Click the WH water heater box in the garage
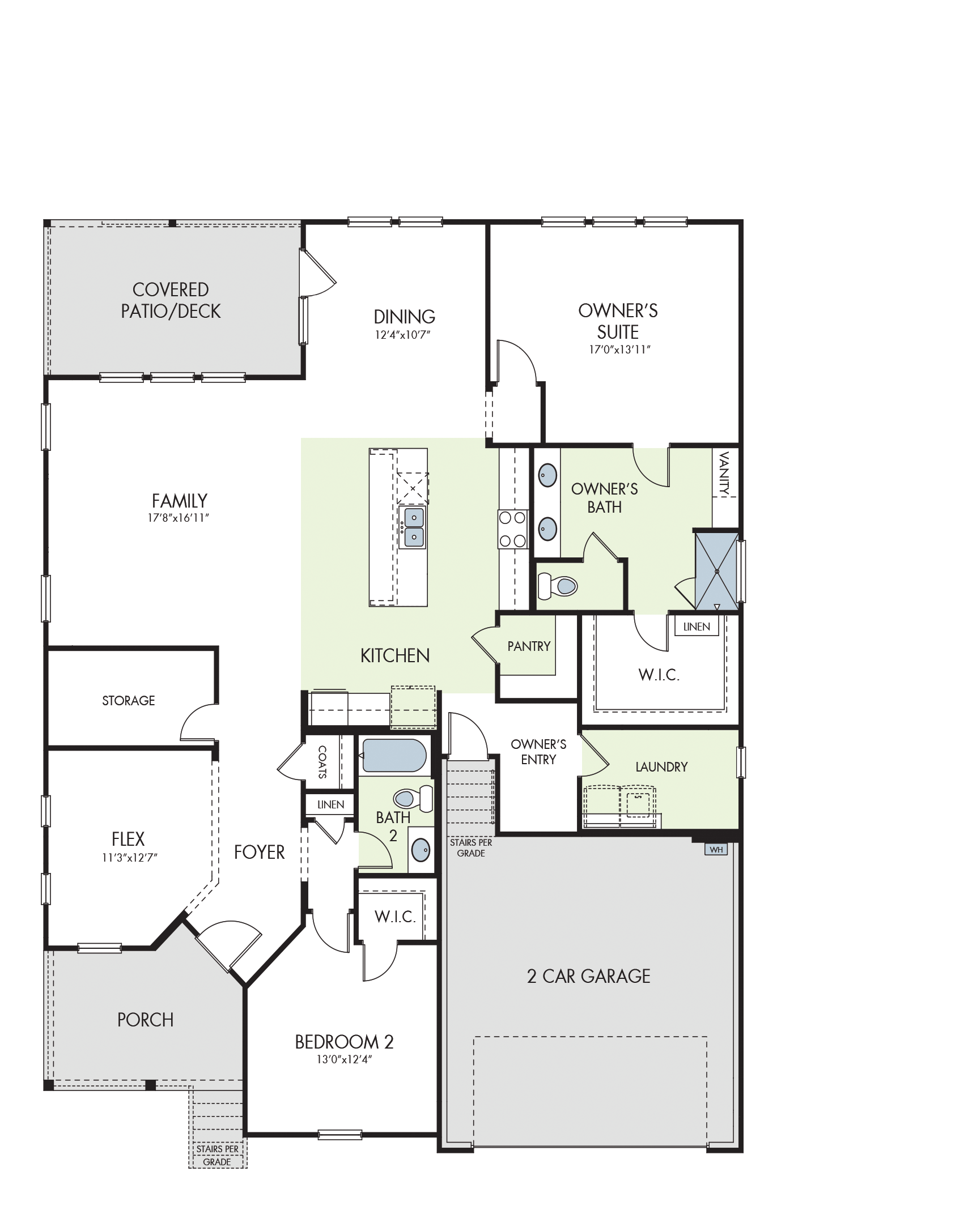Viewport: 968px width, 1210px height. coord(716,849)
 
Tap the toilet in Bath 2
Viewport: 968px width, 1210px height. coord(413,798)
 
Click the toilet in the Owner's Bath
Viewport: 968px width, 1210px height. coord(557,585)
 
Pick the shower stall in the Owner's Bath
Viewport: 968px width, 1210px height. coord(717,572)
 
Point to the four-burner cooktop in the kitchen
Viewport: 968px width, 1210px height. coord(512,529)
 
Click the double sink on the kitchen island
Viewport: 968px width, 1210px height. coord(413,527)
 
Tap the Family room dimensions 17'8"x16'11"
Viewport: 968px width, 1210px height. coord(179,518)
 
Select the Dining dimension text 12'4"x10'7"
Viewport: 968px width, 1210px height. coord(402,334)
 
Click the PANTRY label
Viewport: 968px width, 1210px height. coord(529,646)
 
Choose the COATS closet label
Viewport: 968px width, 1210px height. coord(322,762)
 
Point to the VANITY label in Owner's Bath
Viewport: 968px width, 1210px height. coord(724,473)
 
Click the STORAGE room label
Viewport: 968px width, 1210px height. coord(128,701)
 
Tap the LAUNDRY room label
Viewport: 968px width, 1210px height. coord(661,767)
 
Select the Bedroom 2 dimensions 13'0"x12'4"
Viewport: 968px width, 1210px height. coord(344,1059)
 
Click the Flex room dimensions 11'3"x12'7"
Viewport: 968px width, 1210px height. coord(129,858)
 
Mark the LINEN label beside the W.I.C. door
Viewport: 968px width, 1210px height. coord(697,627)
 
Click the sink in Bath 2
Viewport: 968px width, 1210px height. coord(421,850)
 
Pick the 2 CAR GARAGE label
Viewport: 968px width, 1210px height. coord(588,976)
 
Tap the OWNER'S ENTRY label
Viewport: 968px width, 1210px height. coord(538,752)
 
